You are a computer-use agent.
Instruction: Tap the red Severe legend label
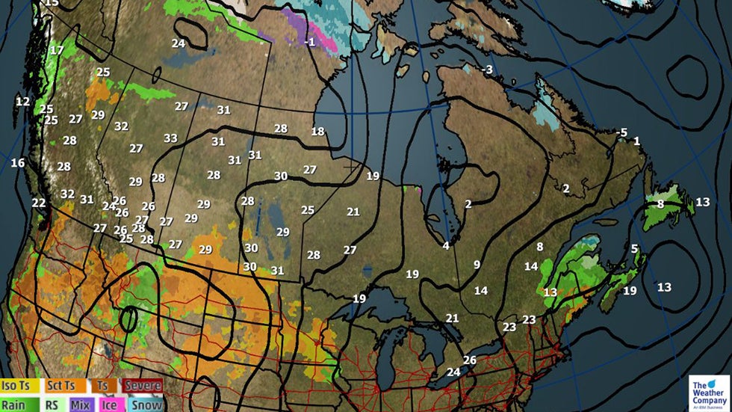[x=142, y=386]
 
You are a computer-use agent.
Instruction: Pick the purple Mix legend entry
[x=81, y=404]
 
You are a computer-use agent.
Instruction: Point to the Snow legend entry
[x=143, y=404]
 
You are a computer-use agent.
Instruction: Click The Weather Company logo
[x=709, y=391]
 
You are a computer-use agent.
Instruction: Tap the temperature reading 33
[x=171, y=138]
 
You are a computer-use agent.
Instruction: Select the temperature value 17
[x=57, y=50]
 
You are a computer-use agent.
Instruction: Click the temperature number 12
[x=22, y=102]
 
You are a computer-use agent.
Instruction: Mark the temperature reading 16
[x=18, y=163]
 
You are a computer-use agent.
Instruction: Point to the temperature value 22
[x=39, y=203]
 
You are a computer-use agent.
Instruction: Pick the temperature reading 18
[x=318, y=132]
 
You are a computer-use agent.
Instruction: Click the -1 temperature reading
[x=310, y=42]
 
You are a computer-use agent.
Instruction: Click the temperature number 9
[x=477, y=264]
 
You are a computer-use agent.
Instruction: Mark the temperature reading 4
[x=446, y=245]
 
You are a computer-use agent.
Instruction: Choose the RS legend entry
[x=52, y=404]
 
